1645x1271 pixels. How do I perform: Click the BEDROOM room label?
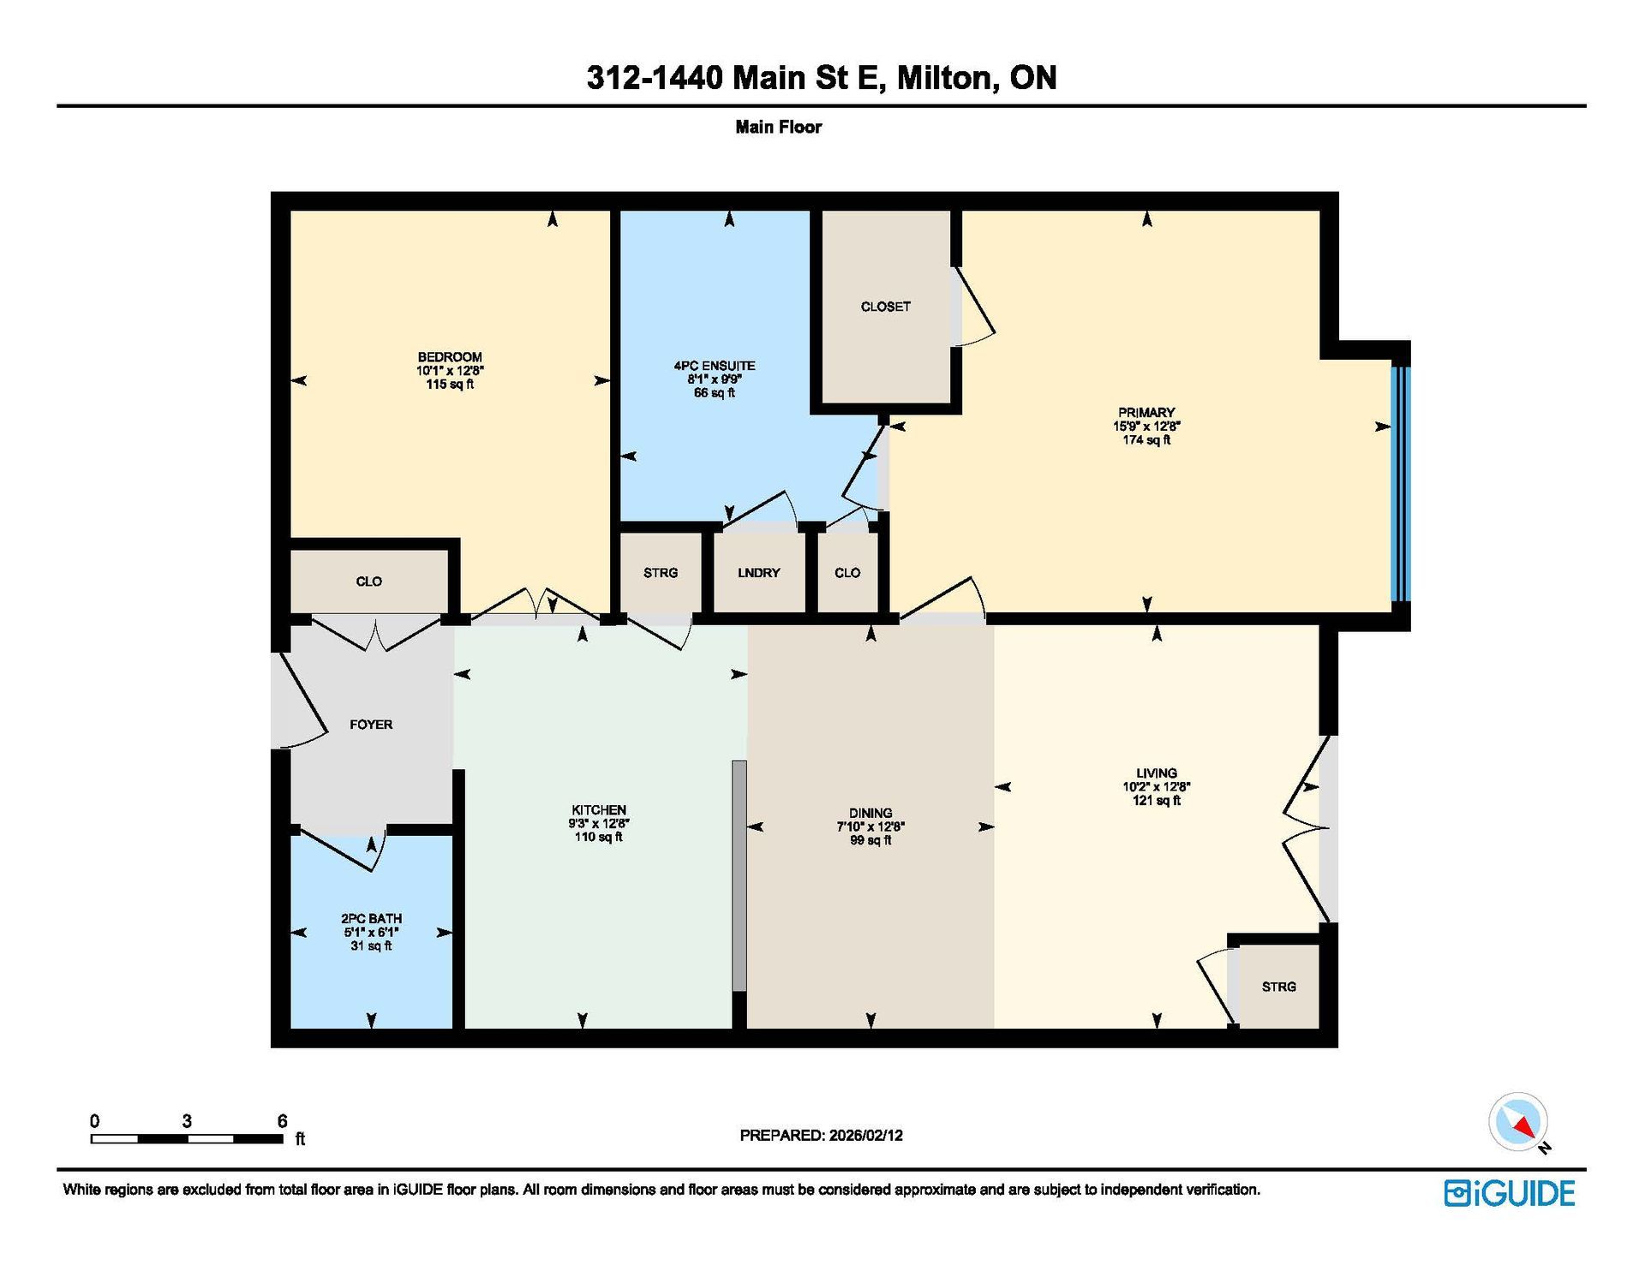(450, 357)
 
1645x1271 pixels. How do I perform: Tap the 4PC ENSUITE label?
(715, 366)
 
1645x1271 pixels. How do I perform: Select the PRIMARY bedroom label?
(1146, 412)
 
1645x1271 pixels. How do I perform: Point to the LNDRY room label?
(759, 572)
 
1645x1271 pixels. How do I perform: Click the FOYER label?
(371, 725)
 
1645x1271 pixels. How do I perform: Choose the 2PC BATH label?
(371, 918)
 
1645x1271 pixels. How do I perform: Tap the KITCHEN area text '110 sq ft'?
(599, 837)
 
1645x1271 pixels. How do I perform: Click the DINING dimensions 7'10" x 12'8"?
(870, 826)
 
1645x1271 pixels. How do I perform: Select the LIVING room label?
(1157, 773)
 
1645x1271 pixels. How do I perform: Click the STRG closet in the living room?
(1278, 987)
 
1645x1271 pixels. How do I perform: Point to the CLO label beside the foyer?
(369, 582)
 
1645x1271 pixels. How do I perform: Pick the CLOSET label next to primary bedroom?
(886, 307)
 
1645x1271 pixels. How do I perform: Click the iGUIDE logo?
(1510, 1193)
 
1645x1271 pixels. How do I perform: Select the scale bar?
(187, 1138)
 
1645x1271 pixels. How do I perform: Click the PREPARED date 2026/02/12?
(865, 1135)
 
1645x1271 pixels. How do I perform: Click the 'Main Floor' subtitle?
(778, 127)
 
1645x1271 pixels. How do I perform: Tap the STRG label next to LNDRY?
(661, 572)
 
